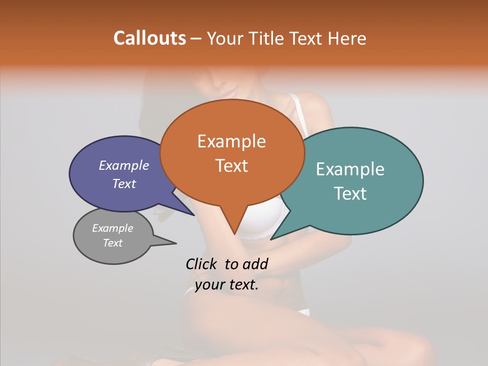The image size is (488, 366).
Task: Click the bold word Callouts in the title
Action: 149,38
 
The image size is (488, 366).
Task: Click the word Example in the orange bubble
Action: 231,141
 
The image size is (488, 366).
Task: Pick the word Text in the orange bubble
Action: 232,166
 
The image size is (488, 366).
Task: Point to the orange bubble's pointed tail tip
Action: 235,234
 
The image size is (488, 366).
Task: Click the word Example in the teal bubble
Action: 350,169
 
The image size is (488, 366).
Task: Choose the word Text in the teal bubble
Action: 351,194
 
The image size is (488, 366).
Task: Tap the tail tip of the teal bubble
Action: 271,239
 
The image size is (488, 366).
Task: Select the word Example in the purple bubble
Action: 124,166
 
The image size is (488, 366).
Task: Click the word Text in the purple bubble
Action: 124,184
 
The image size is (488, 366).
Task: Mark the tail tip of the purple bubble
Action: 194,215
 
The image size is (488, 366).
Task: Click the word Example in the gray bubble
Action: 113,228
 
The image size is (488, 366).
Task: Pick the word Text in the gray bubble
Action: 113,243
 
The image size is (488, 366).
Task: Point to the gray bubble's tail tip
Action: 176,243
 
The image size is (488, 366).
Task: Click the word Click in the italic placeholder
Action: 202,264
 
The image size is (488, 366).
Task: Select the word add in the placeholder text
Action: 255,264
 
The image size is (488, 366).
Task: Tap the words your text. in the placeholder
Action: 227,285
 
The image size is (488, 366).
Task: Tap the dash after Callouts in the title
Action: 196,39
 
